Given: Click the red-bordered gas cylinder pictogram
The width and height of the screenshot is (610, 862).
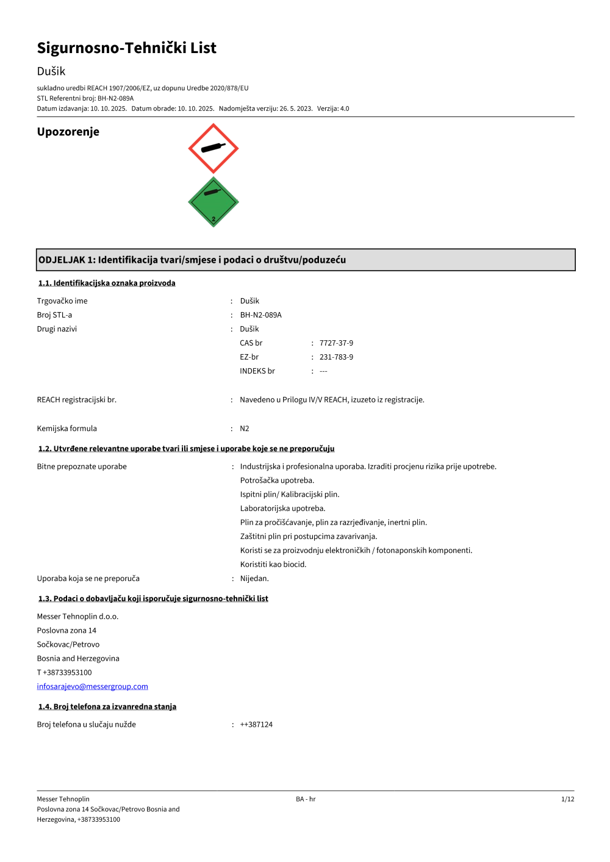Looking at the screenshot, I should (213, 148).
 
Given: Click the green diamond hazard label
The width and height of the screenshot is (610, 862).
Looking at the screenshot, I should (213, 202).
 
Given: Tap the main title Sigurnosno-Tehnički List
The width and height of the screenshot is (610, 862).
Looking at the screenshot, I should (126, 48).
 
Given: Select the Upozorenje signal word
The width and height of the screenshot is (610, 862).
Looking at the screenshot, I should (68, 132).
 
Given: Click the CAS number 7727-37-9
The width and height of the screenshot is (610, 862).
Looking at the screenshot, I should (336, 343).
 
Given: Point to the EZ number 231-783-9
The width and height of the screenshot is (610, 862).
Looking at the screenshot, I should (336, 357).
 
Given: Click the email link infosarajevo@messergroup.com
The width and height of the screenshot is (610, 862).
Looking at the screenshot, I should (92, 686).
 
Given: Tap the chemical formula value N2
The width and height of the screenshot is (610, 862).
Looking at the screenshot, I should (244, 429).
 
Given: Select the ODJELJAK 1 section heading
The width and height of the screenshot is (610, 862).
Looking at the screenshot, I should (192, 260).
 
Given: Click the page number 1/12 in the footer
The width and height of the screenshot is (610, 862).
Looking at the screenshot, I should (567, 799).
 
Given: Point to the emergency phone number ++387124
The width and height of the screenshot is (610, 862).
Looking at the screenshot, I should (256, 725).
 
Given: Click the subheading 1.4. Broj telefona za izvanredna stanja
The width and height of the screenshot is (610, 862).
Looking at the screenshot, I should (107, 707).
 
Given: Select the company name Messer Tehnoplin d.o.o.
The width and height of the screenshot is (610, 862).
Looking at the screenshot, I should (77, 616).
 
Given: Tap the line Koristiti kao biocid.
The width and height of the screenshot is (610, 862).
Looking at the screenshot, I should (273, 565).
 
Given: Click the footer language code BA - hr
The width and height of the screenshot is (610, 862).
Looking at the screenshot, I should (306, 799).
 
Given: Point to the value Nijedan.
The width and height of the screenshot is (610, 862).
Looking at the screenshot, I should (254, 579).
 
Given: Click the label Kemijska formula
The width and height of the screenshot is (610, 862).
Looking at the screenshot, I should (66, 429).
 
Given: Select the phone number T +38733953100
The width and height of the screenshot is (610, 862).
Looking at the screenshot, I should (64, 672).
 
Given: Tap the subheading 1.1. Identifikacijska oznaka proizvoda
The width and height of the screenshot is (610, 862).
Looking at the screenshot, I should (107, 283).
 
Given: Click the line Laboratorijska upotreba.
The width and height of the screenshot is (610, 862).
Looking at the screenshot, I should (282, 508).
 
